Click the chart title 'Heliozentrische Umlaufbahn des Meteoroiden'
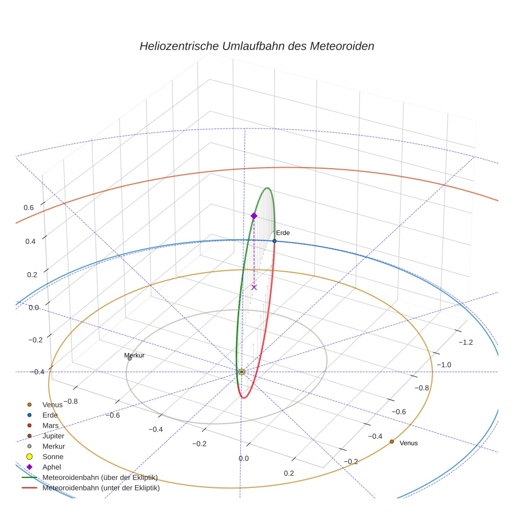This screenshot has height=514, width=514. tap(256, 46)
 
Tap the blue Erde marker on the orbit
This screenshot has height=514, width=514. tap(274, 241)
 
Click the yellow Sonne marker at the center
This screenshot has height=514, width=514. tap(241, 372)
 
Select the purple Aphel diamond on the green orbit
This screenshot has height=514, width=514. tap(254, 216)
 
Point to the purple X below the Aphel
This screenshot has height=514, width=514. tap(254, 287)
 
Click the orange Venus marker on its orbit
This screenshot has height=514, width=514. tap(392, 441)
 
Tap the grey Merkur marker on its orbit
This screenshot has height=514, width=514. tap(130, 358)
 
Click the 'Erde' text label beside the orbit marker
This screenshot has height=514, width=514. tap(283, 232)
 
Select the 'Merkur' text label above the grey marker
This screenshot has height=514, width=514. tap(134, 355)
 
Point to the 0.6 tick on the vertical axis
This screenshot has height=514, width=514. tap(28, 207)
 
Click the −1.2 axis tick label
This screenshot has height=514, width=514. tap(465, 342)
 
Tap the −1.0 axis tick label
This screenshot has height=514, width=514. tap(443, 364)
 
